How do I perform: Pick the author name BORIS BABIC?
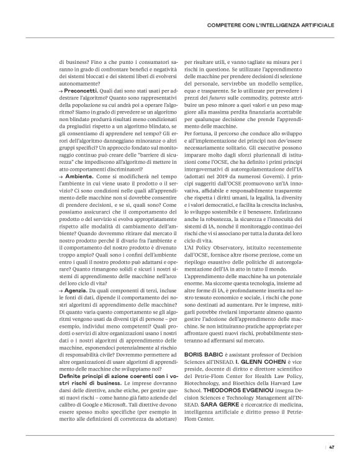click(204, 353)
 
